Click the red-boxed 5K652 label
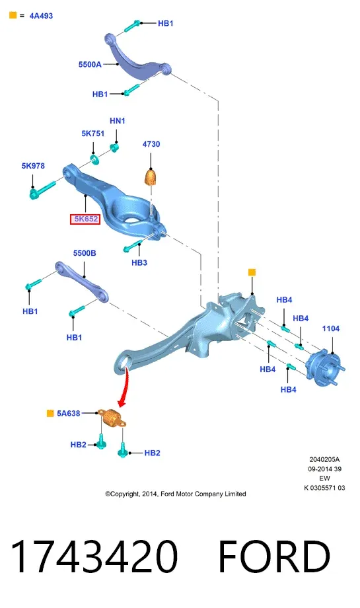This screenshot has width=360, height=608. click(85, 219)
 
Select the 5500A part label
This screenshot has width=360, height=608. click(90, 64)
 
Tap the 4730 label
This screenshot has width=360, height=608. click(151, 144)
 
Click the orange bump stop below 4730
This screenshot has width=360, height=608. click(152, 177)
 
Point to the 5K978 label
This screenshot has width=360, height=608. click(33, 166)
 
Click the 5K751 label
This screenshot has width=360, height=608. click(93, 133)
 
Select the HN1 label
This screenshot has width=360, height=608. click(118, 121)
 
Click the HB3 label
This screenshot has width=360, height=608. click(139, 263)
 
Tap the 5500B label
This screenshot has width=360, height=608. click(85, 253)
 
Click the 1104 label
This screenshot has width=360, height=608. click(331, 329)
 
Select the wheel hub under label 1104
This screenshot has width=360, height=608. click(325, 368)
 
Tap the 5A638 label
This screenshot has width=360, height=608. click(69, 413)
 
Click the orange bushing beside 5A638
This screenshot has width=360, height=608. click(111, 418)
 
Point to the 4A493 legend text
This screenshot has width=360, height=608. click(41, 16)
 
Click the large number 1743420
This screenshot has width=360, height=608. click(94, 556)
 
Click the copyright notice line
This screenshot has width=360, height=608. click(176, 494)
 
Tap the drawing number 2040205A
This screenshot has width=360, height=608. click(324, 459)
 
